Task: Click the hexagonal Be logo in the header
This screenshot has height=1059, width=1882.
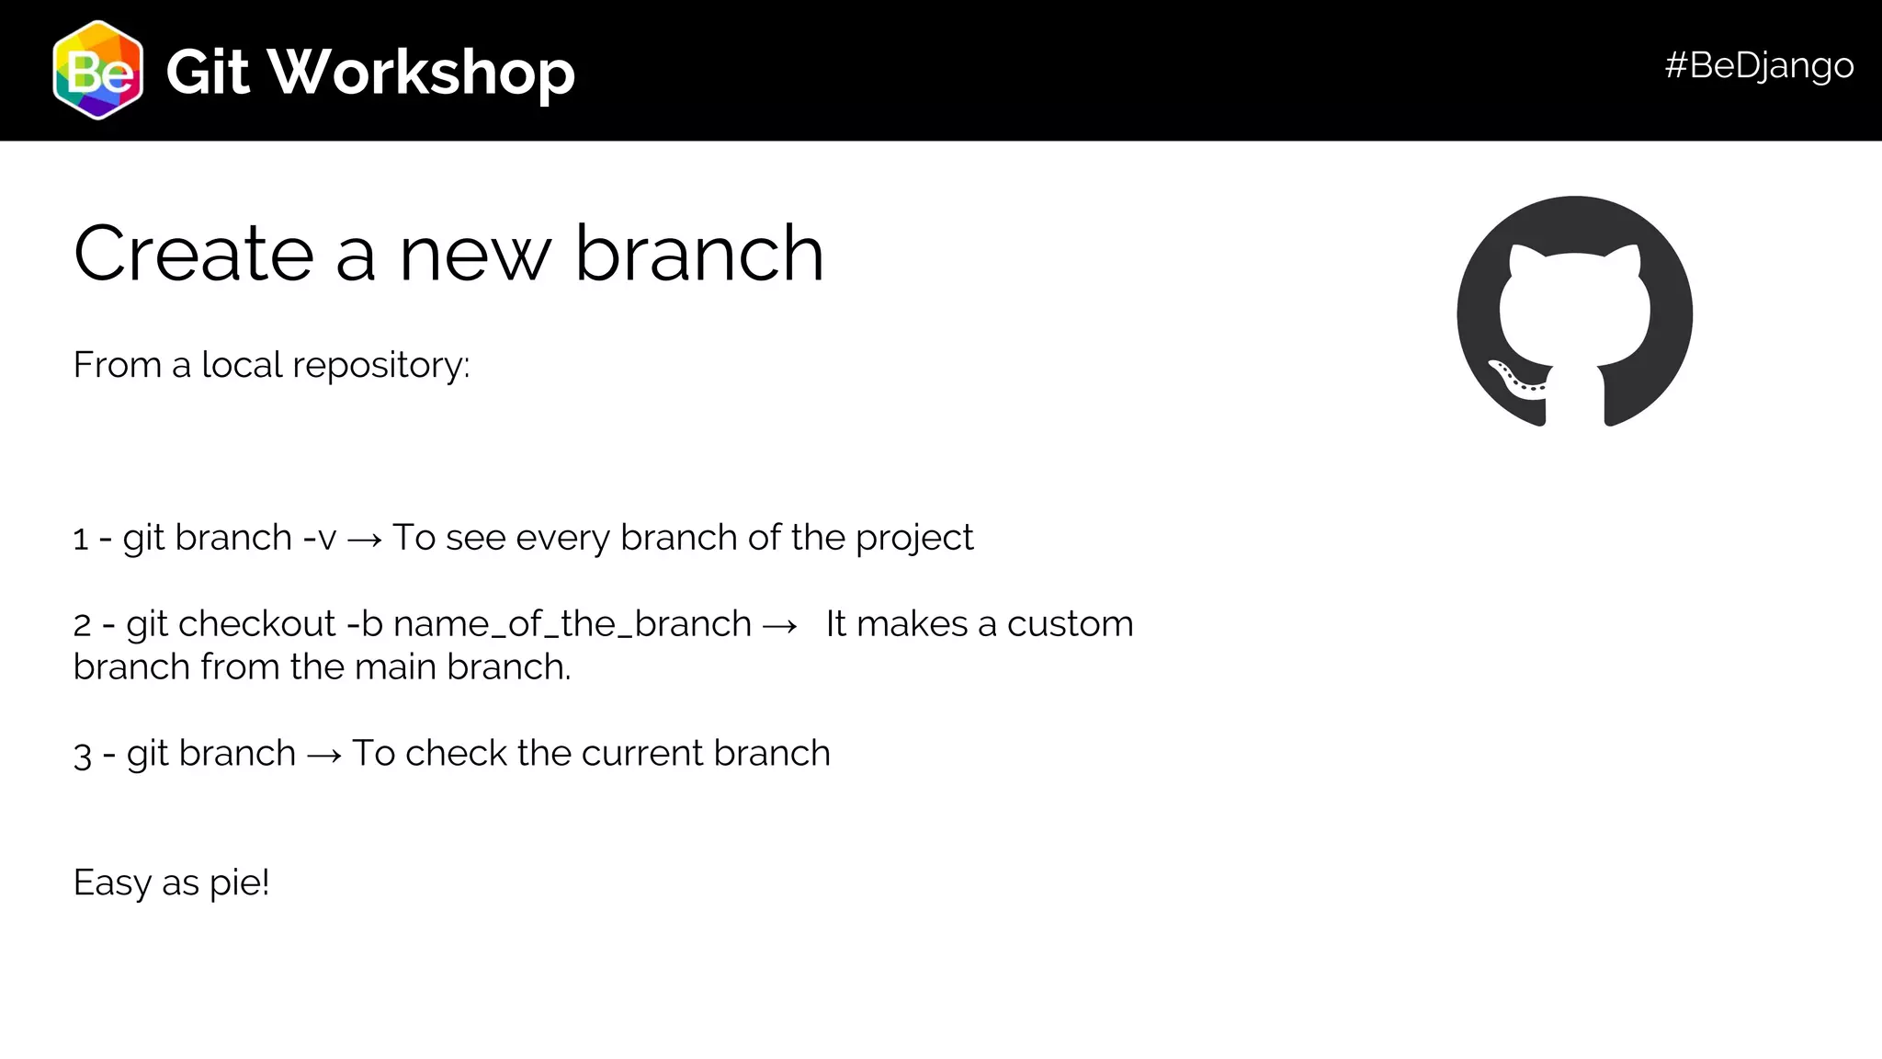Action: [x=98, y=71]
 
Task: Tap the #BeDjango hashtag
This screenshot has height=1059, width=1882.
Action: [x=1758, y=65]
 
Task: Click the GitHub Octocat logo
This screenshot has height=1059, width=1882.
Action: [x=1574, y=313]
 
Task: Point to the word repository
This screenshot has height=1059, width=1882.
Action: [x=380, y=366]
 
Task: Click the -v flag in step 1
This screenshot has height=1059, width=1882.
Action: [x=320, y=538]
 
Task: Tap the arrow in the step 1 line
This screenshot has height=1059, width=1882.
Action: [x=365, y=540]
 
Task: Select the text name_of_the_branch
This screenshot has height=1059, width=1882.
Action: [x=572, y=624]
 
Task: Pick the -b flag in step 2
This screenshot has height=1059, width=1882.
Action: [x=365, y=624]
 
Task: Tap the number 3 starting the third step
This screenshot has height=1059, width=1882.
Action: [x=83, y=756]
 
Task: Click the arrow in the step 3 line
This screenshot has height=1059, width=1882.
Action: [x=324, y=756]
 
